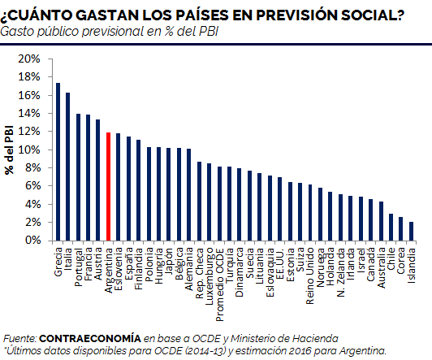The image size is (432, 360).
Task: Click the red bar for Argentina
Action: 108,187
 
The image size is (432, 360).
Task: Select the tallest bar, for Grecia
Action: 58,162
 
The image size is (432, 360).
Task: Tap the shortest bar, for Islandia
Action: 411,232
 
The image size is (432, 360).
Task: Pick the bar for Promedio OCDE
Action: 219,203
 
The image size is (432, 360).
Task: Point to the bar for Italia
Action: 67,167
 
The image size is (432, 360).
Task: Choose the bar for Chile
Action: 391,228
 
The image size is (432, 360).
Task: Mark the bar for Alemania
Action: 188,194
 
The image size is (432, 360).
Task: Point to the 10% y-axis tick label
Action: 29,150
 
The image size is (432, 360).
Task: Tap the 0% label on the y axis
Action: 32,241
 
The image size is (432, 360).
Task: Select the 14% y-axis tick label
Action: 29,114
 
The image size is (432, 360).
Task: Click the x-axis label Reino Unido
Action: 310,275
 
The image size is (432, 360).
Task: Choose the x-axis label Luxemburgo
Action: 210,276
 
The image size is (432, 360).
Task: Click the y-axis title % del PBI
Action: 9,150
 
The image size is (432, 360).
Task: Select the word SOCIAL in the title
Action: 372,15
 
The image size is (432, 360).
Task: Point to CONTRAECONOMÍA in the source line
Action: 90,338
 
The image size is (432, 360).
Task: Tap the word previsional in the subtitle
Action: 113,32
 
